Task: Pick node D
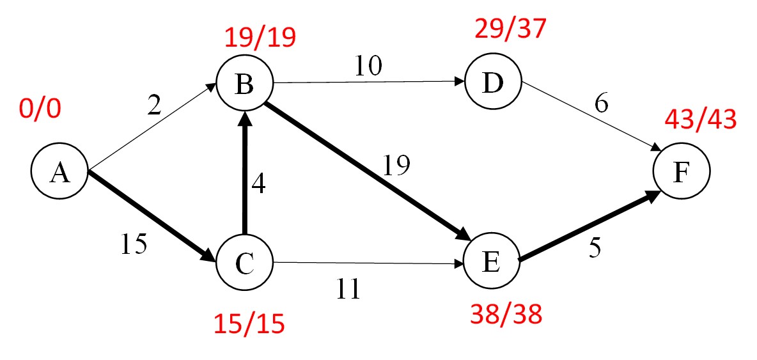point(493,83)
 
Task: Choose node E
point(492,263)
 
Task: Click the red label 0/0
point(40,109)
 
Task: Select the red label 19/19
point(260,38)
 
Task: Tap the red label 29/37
point(511,29)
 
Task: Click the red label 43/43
point(700,119)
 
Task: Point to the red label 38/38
point(506,314)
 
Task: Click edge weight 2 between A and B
point(155,106)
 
